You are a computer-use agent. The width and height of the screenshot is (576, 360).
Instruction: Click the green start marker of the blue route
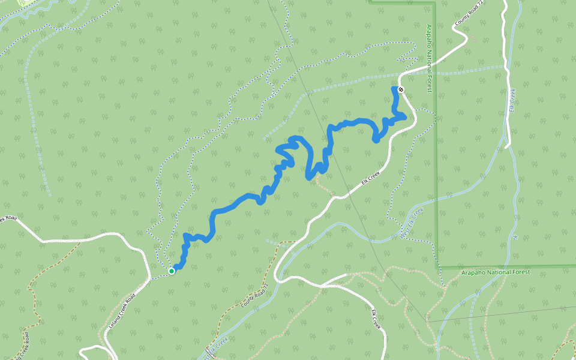click(172, 271)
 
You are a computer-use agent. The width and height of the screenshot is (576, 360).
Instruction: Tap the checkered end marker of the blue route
click(401, 89)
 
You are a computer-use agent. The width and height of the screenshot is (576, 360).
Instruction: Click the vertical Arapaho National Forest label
click(430, 59)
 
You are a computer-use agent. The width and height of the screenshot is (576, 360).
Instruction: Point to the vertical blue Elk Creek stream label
click(512, 100)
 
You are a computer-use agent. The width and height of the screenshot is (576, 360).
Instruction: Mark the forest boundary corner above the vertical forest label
click(433, 4)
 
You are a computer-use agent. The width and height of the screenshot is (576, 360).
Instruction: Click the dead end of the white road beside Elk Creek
click(508, 145)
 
